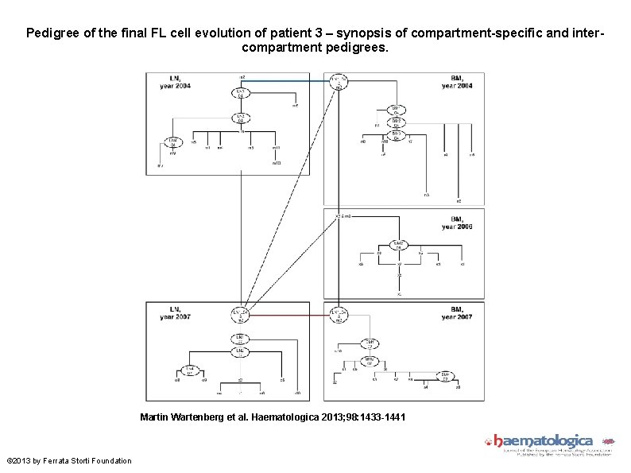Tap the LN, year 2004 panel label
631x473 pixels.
point(179,81)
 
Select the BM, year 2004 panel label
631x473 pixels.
point(457,81)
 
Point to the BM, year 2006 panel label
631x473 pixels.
point(457,223)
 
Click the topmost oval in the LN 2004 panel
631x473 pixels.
point(241,94)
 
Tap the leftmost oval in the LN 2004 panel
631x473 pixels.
point(172,142)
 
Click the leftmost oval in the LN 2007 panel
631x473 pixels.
point(188,370)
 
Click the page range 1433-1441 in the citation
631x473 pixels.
point(378,416)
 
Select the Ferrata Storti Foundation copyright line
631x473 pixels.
point(68,461)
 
